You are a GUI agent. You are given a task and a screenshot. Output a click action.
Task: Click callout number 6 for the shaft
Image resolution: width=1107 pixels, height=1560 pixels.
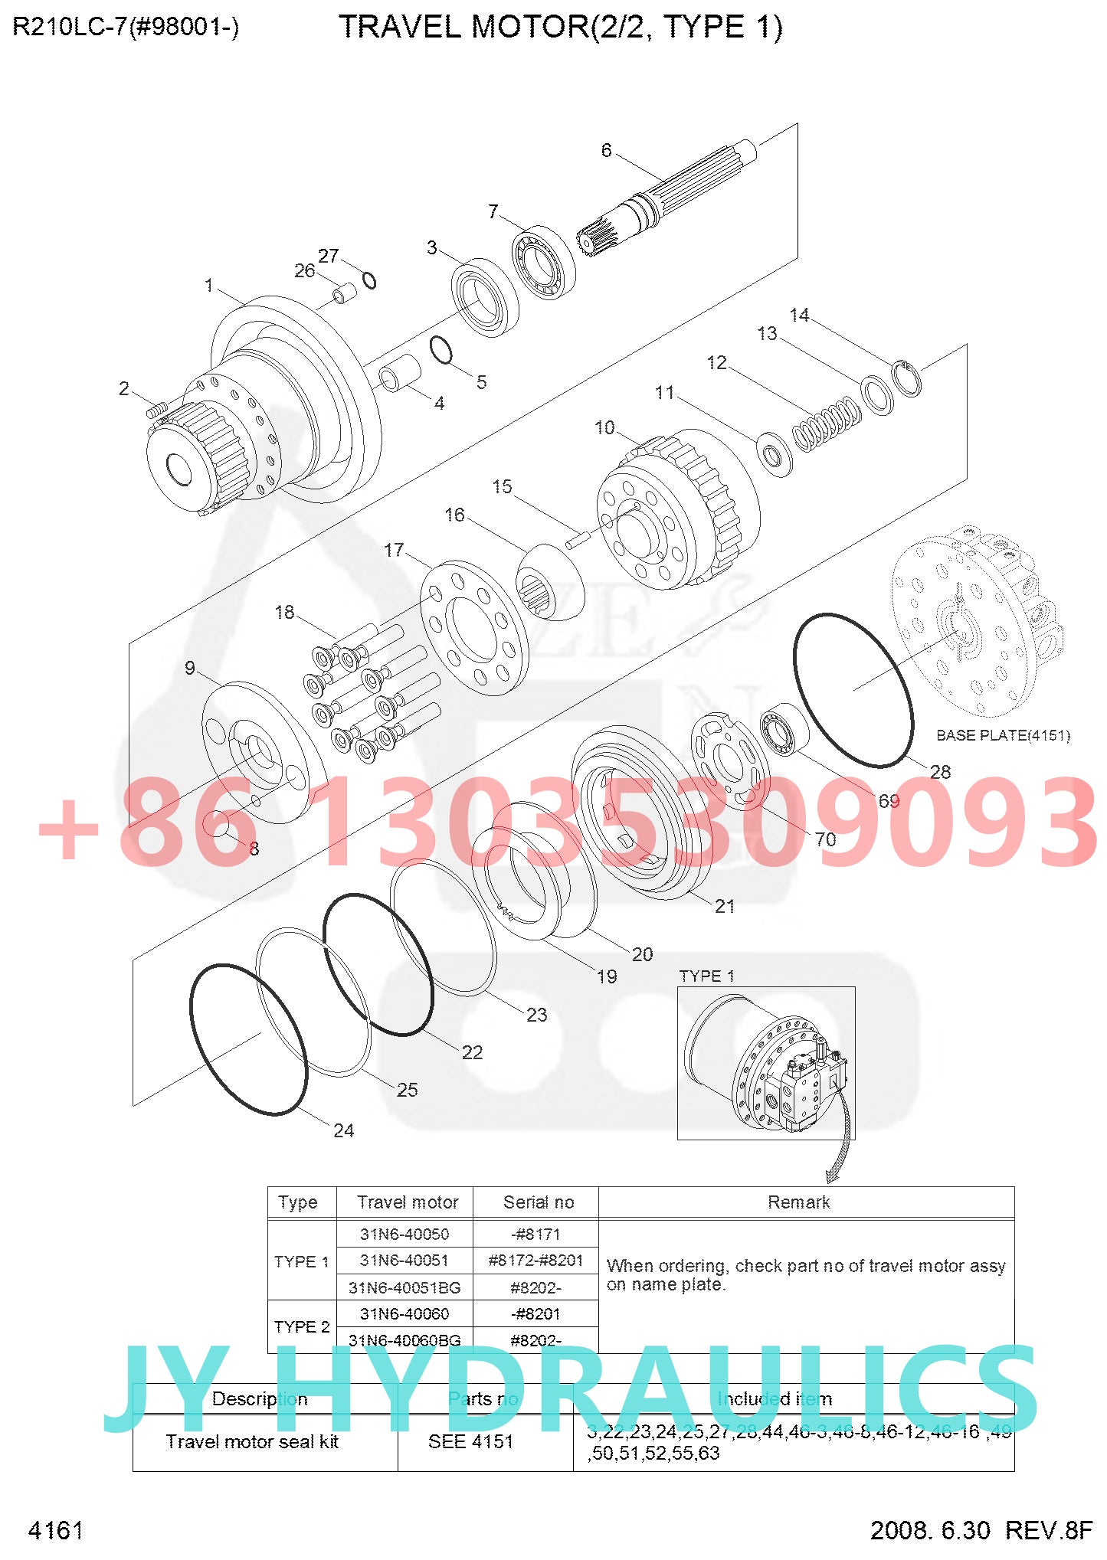(606, 150)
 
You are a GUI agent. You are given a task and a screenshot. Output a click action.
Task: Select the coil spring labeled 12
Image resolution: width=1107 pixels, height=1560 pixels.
(827, 424)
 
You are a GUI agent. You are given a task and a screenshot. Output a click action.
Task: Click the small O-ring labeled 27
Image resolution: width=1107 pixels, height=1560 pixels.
(369, 280)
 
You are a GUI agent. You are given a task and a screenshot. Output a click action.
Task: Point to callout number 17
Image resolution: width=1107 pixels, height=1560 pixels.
(394, 550)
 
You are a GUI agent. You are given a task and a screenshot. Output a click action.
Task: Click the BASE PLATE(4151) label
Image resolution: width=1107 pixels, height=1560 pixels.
(1002, 735)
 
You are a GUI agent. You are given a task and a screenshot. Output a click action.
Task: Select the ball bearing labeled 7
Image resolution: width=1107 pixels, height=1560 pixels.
(543, 263)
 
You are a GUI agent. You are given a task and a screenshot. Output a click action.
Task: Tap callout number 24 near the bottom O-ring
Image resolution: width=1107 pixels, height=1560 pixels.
(343, 1130)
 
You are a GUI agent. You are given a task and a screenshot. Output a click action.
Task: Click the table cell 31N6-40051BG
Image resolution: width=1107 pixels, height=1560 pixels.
(404, 1287)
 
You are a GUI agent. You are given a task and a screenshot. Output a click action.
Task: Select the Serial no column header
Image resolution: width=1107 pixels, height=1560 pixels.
(538, 1202)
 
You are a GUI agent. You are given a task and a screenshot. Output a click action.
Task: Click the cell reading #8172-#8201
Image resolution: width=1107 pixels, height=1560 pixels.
(535, 1260)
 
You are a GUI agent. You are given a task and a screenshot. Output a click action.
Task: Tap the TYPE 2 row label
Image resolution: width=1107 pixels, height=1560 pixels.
(302, 1326)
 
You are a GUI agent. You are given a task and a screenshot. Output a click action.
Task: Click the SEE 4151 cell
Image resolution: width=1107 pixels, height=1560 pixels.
(470, 1441)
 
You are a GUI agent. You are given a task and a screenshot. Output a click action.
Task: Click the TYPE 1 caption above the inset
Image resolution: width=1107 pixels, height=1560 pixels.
(706, 976)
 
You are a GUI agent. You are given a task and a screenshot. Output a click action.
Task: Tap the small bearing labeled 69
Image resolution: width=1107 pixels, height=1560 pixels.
(784, 729)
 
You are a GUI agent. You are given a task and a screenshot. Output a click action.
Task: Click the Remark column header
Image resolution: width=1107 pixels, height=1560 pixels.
(798, 1202)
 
